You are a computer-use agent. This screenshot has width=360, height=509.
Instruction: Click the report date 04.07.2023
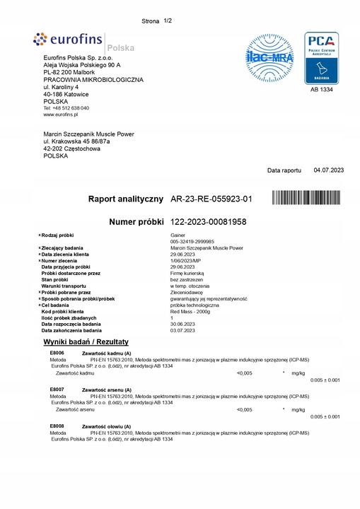[329, 170]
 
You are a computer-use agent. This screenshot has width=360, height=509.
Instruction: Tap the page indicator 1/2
[168, 21]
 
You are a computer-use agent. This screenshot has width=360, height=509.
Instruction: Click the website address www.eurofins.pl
[61, 114]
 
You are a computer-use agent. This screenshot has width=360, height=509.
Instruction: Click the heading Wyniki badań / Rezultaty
[86, 342]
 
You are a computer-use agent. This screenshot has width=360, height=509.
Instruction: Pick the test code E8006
[57, 352]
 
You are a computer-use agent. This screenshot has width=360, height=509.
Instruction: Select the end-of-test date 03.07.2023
[183, 330]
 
